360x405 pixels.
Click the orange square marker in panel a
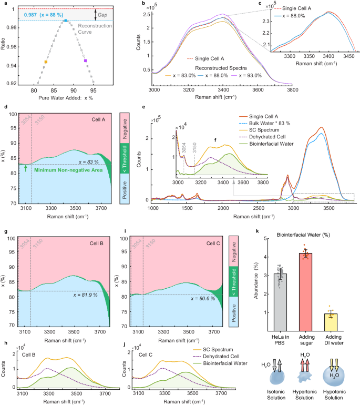coord(46,62)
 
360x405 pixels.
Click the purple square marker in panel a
coord(85,61)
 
